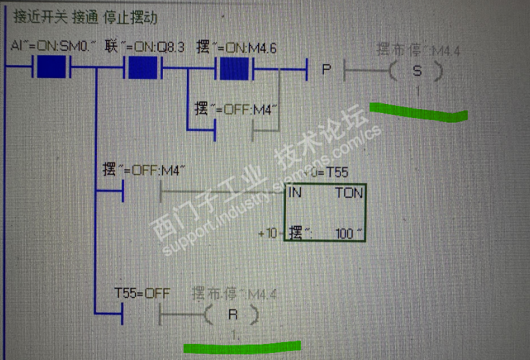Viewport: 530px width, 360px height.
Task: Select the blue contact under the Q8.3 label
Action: tap(142, 67)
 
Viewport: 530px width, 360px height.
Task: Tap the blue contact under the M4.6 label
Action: tap(234, 67)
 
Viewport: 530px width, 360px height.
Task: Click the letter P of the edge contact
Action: tap(327, 68)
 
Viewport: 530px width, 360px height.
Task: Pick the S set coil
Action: tap(416, 70)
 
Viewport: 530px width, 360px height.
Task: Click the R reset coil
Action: tap(232, 315)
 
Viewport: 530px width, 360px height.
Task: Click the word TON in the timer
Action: tap(348, 193)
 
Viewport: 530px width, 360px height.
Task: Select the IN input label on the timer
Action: tap(296, 193)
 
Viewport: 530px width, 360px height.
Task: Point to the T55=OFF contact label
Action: tap(142, 293)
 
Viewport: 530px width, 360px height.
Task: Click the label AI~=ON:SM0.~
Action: tap(54, 46)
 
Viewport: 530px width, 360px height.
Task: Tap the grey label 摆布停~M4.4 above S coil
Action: tap(418, 49)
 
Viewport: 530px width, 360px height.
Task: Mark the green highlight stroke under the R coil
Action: tap(242, 347)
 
